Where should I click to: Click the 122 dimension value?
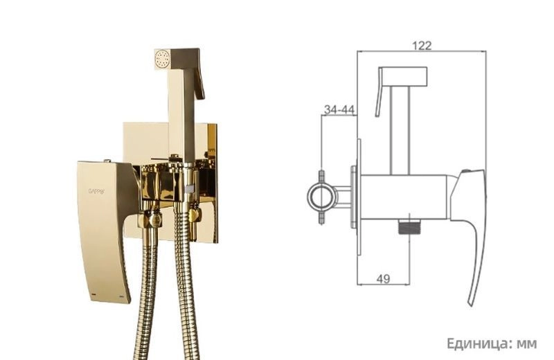tap(422, 46)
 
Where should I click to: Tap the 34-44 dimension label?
tap(339, 110)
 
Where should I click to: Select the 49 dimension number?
tap(384, 279)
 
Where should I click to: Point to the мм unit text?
tap(527, 345)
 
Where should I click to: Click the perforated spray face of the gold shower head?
tap(163, 59)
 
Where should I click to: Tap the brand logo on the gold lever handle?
tap(96, 191)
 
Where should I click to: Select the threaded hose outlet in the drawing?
tap(409, 226)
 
